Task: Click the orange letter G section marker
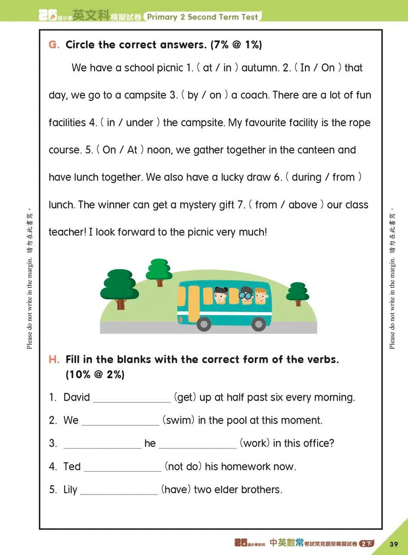pyautogui.click(x=54, y=45)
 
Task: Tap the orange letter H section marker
pyautogui.click(x=54, y=359)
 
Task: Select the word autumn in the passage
pyautogui.click(x=259, y=68)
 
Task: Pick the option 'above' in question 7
pyautogui.click(x=303, y=205)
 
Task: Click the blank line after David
pyautogui.click(x=132, y=398)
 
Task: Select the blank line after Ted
pyautogui.click(x=122, y=467)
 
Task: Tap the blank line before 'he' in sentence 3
pyautogui.click(x=102, y=444)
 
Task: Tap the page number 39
pyautogui.click(x=394, y=544)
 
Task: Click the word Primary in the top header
pyautogui.click(x=163, y=17)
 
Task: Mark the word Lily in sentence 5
pyautogui.click(x=70, y=490)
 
